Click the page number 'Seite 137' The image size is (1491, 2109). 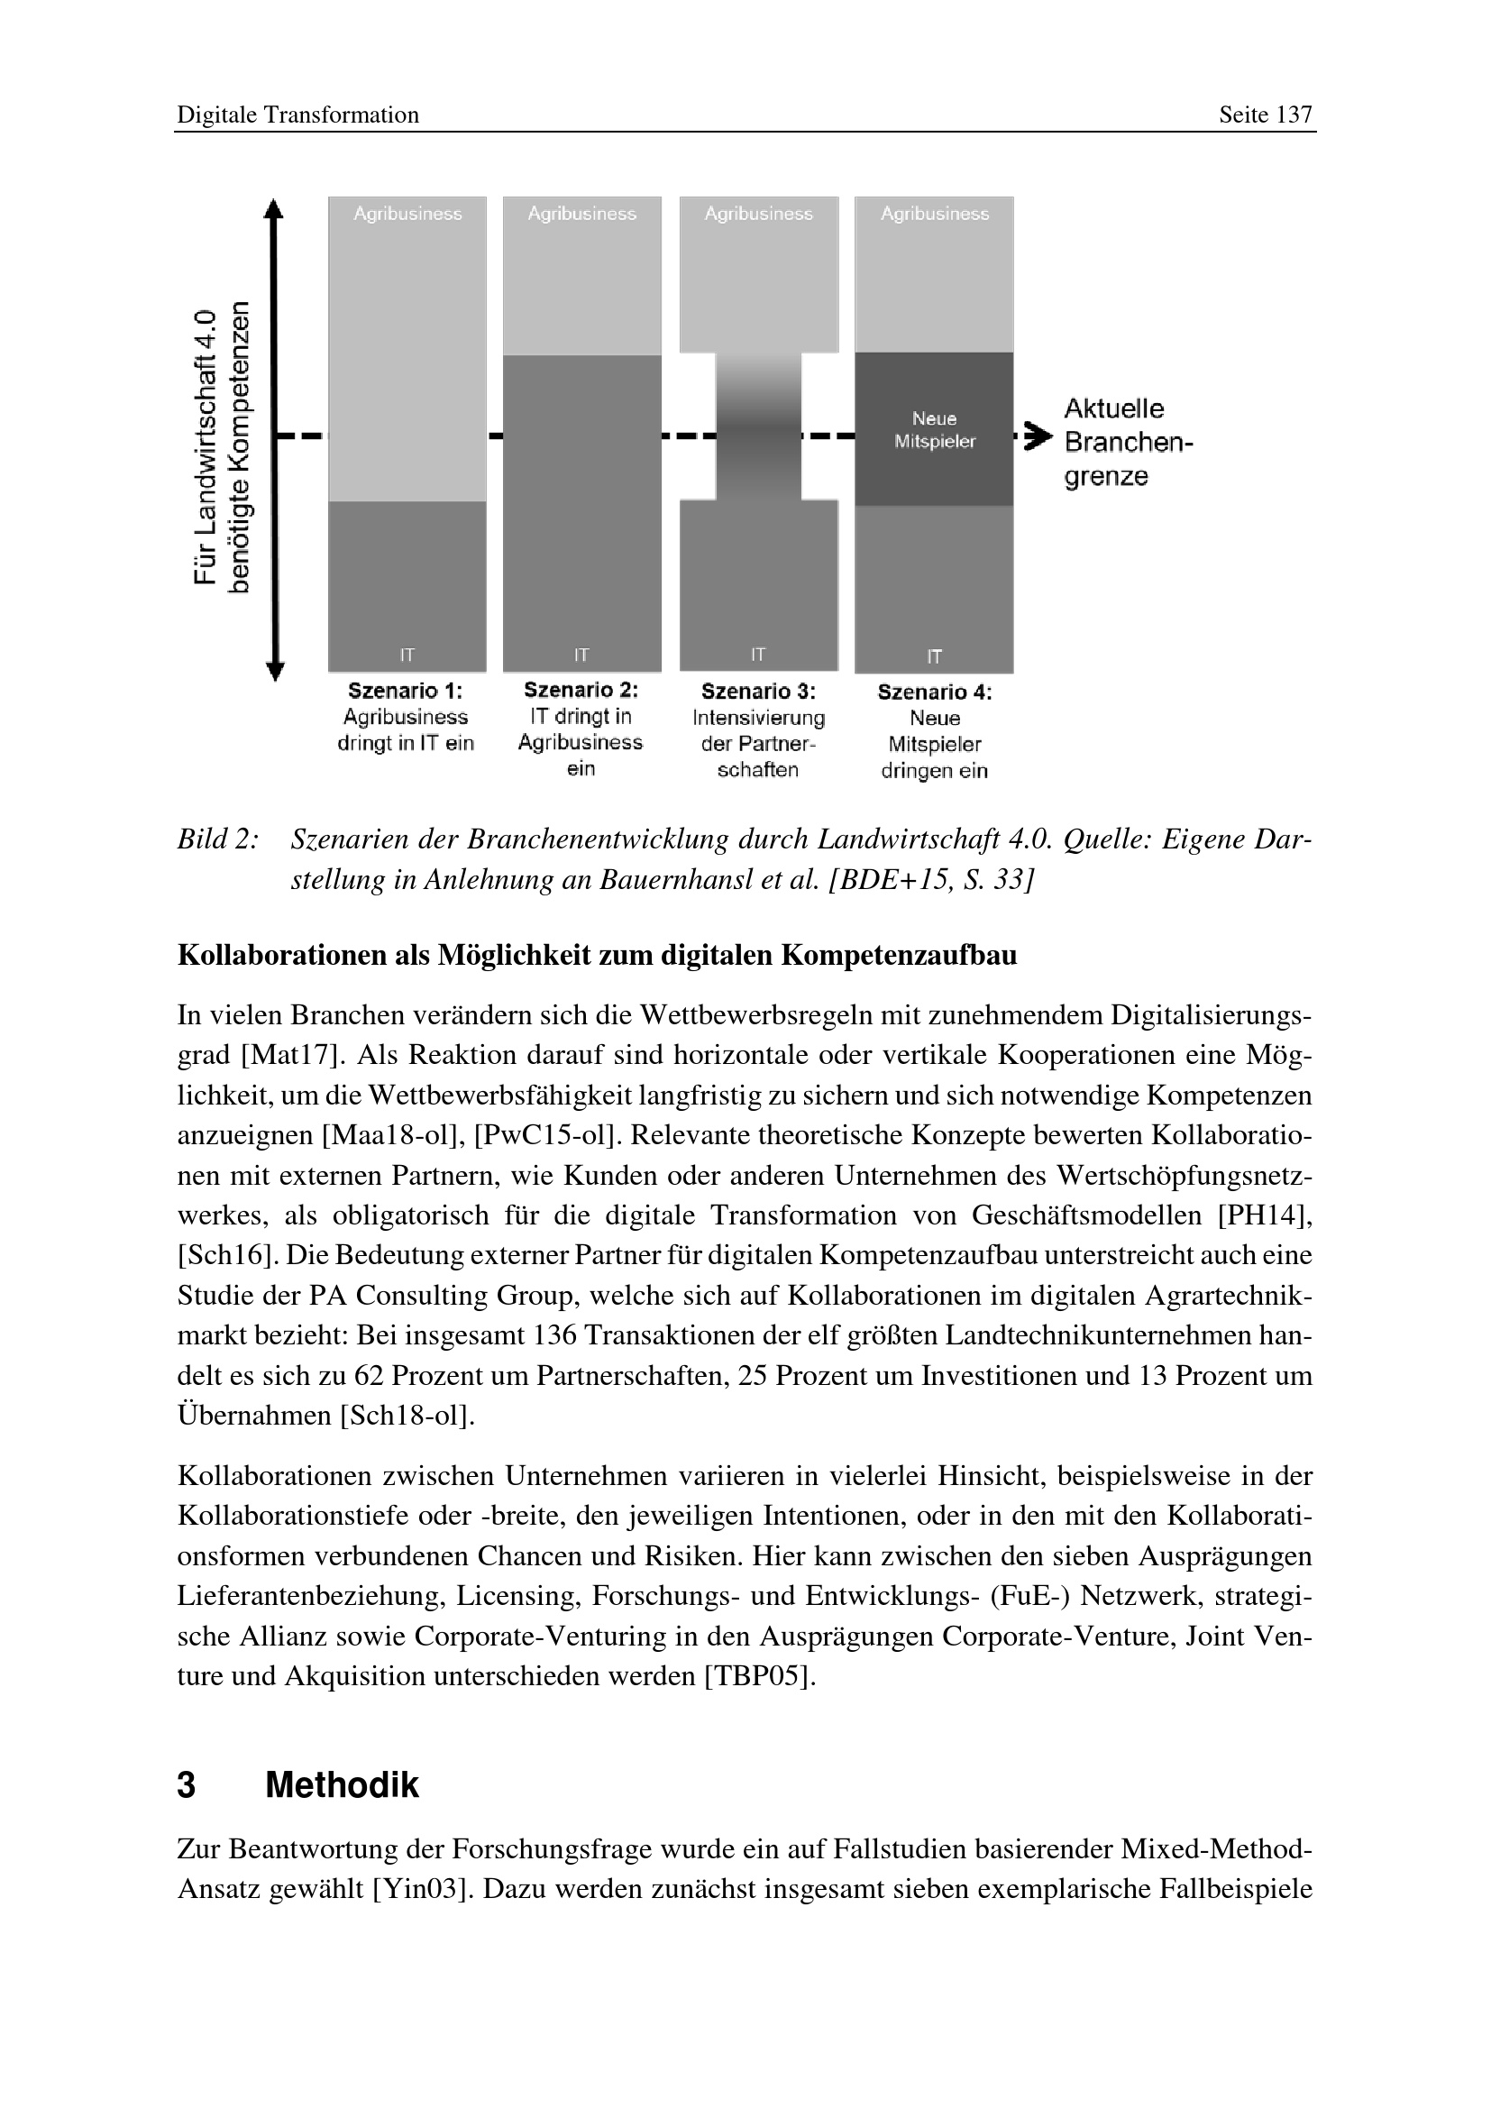click(1265, 115)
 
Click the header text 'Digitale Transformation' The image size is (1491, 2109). click(297, 115)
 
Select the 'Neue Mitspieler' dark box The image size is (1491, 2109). click(934, 429)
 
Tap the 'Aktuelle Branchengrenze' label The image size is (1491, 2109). click(1128, 443)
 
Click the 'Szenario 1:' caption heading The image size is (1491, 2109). click(405, 691)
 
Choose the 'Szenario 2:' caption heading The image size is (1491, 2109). click(581, 690)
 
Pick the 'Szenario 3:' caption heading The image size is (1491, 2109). click(757, 692)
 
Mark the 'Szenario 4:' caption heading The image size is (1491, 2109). click(934, 692)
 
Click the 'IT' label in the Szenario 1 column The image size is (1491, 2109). click(407, 655)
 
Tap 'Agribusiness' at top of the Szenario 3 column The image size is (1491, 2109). click(758, 214)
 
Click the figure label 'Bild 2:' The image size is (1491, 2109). click(217, 839)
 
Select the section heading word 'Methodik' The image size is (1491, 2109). click(342, 1784)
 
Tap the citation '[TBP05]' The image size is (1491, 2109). click(759, 1676)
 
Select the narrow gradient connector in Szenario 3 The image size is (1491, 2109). click(758, 426)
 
